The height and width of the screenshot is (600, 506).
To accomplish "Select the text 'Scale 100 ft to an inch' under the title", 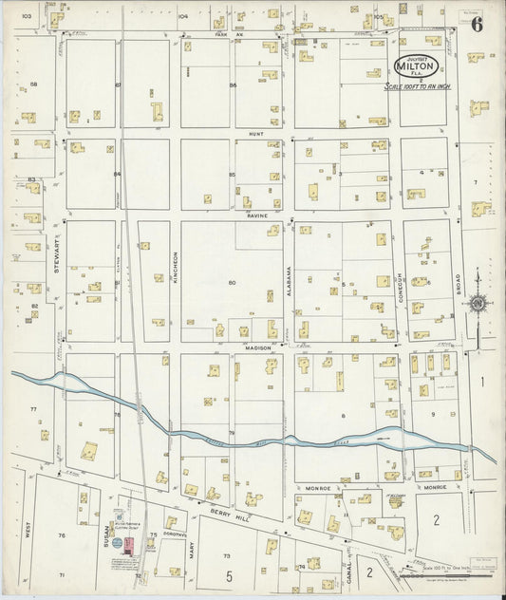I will point(415,85).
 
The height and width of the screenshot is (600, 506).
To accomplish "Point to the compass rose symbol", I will point(478,304).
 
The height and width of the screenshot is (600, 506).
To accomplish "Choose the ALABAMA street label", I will point(289,282).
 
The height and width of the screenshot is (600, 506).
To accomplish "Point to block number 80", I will point(232,282).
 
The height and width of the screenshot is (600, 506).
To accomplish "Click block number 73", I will point(226,554).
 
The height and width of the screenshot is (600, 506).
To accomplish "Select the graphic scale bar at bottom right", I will point(441,574).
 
